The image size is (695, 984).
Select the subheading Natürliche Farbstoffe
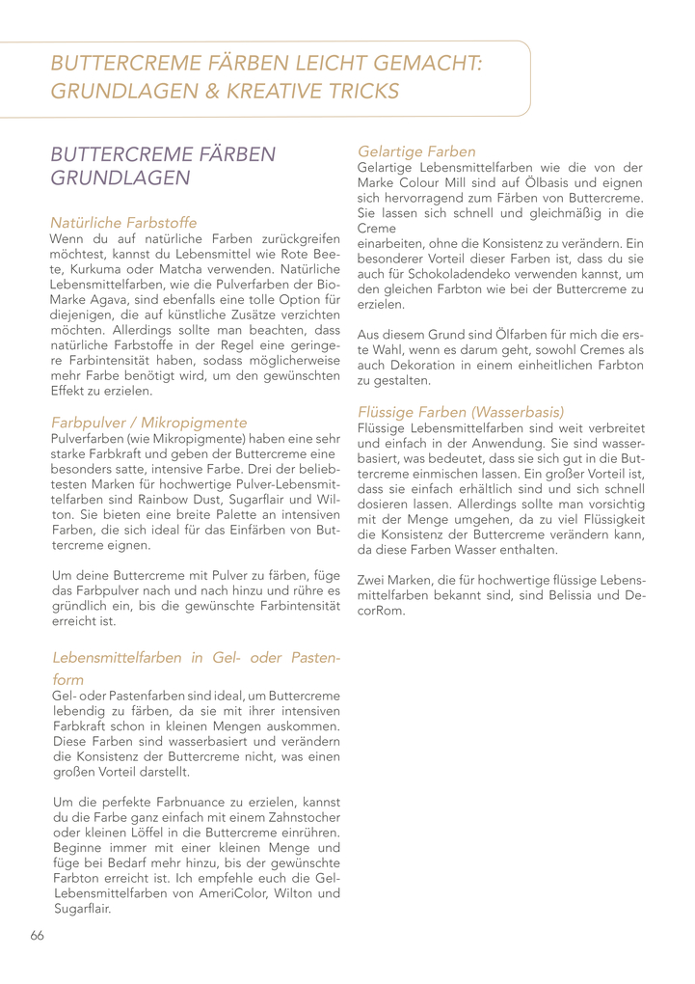[x=123, y=222]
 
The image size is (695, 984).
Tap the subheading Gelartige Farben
[x=416, y=151]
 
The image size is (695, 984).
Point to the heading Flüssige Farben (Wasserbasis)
[x=461, y=411]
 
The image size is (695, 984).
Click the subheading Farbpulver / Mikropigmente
[x=148, y=423]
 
